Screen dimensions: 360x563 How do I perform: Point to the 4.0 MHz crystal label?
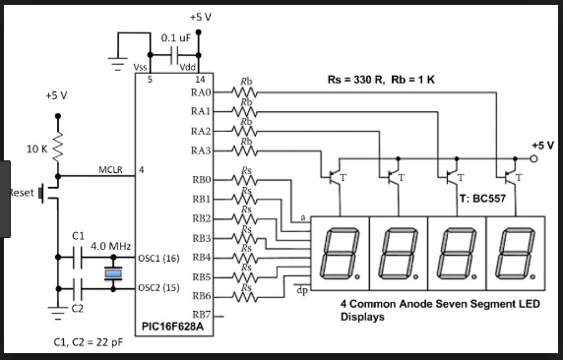pos(111,245)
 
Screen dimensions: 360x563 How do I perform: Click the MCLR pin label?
pos(110,170)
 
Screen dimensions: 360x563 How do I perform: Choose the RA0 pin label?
pos(200,91)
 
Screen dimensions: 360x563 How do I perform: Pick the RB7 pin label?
pos(202,315)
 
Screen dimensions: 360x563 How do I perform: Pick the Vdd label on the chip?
pos(189,66)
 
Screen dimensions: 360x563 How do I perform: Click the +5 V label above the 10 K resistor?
pos(57,96)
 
